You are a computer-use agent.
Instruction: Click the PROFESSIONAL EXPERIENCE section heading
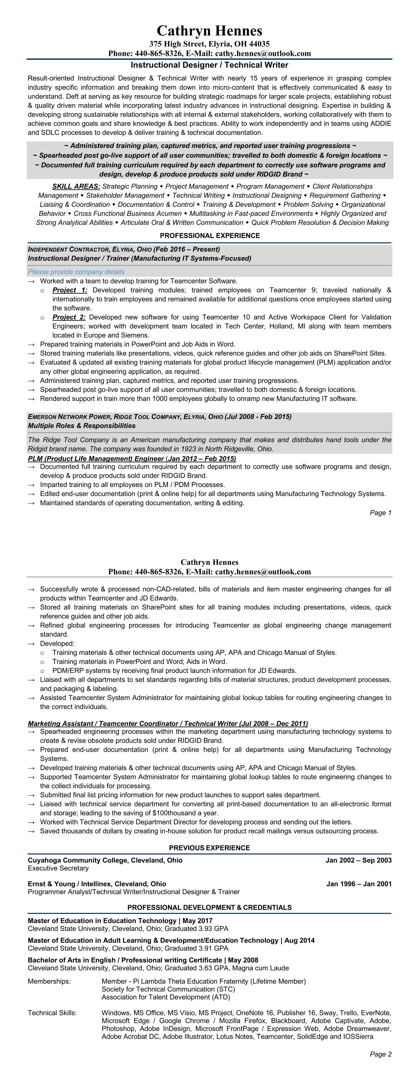(x=210, y=235)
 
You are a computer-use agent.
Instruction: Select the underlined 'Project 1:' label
(x=70, y=290)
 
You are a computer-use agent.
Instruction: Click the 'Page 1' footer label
(x=380, y=513)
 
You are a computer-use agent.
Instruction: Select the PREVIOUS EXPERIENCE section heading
(x=210, y=848)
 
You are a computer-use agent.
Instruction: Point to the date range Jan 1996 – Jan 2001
(x=359, y=884)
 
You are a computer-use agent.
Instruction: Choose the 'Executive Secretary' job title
(x=58, y=868)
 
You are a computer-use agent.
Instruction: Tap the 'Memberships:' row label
(x=49, y=981)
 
